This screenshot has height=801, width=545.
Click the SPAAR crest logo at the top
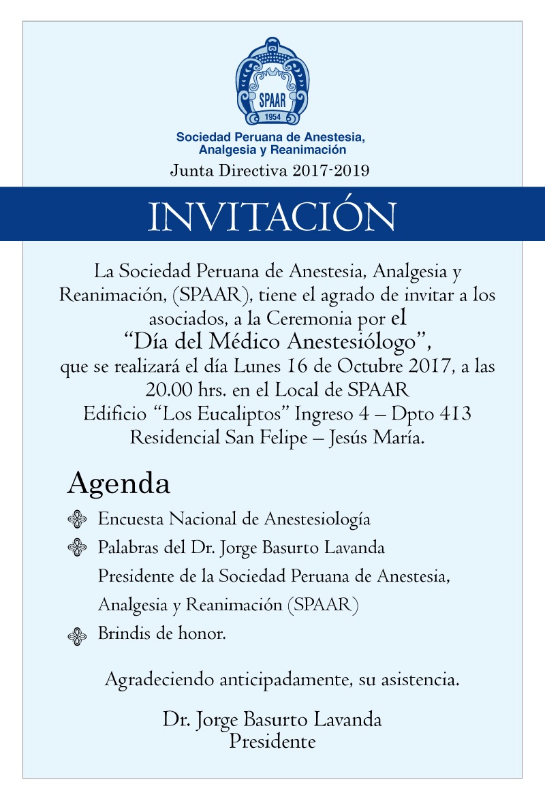click(272, 82)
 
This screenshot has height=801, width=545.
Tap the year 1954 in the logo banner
click(272, 116)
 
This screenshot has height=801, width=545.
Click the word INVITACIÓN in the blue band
click(272, 215)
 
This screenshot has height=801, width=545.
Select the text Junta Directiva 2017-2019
click(270, 170)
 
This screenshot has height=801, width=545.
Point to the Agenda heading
click(119, 484)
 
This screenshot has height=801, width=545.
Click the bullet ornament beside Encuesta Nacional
click(78, 520)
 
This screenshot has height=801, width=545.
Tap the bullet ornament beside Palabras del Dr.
click(78, 548)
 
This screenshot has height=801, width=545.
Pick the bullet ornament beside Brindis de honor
click(78, 636)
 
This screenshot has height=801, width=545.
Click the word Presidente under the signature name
click(272, 741)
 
